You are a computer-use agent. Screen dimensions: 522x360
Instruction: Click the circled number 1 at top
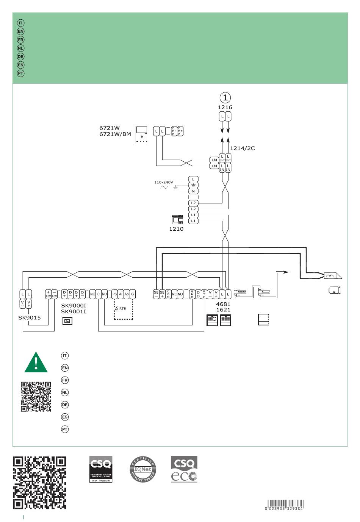[x=225, y=97]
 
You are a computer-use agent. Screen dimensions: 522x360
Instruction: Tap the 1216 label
[x=225, y=107]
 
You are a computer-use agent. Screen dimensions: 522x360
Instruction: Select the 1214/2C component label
[x=242, y=148]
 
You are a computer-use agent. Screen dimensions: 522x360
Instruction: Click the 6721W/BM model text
[x=115, y=134]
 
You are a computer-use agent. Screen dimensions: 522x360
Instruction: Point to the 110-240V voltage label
[x=163, y=182]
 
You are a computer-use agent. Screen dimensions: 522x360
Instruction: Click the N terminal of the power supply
[x=193, y=191]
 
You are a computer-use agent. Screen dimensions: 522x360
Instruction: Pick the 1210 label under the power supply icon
[x=176, y=229]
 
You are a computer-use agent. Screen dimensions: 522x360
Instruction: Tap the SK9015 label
[x=29, y=317]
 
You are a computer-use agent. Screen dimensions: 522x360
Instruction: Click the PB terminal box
[x=114, y=294]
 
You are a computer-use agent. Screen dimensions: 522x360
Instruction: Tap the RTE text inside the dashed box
[x=122, y=309]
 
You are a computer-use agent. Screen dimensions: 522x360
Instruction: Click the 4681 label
[x=223, y=304]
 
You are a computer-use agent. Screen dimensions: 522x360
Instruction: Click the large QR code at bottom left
[x=39, y=483]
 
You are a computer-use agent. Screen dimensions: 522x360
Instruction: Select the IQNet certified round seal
[x=143, y=469]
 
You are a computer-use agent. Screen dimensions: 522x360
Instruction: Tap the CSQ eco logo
[x=184, y=469]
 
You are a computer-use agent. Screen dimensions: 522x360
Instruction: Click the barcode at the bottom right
[x=285, y=505]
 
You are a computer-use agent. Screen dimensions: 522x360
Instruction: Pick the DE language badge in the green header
[x=21, y=56]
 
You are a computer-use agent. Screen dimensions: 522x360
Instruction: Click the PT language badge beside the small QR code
[x=65, y=429]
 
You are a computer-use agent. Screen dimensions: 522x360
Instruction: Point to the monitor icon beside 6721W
[x=141, y=134]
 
